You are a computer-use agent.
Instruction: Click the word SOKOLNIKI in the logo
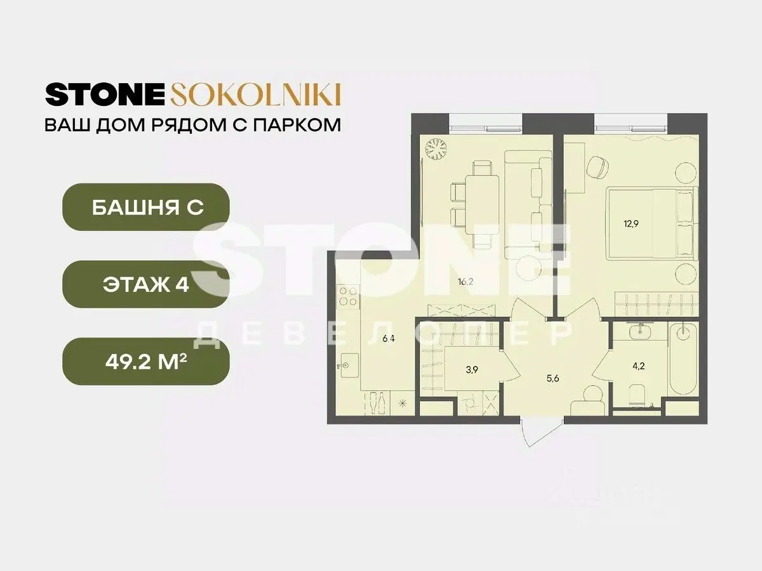coord(255,95)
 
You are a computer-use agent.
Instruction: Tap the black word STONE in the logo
coord(105,95)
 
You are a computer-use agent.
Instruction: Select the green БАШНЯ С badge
coord(146,207)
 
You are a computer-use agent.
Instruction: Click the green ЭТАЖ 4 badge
coord(146,284)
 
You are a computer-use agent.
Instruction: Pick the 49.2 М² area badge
coord(146,362)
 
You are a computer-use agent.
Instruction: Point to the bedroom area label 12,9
coord(631,223)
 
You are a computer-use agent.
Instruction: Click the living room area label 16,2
coord(465,282)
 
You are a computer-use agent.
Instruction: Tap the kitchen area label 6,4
coord(389,339)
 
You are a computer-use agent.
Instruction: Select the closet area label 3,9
coord(472,370)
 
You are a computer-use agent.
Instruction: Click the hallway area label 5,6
coord(552,378)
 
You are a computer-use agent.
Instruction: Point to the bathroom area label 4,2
coord(639,366)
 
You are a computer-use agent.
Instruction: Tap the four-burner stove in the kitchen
coord(348,296)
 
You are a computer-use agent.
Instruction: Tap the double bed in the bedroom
coord(652,223)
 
